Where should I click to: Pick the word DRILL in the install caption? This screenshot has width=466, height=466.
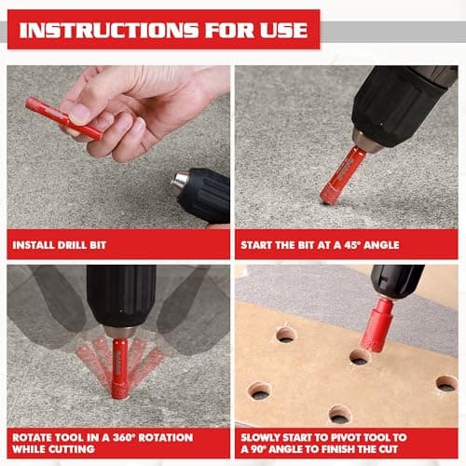coord(82,245)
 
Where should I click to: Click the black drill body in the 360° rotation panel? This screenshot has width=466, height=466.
coord(121,296)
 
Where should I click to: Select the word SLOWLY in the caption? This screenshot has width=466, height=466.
coord(267,437)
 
